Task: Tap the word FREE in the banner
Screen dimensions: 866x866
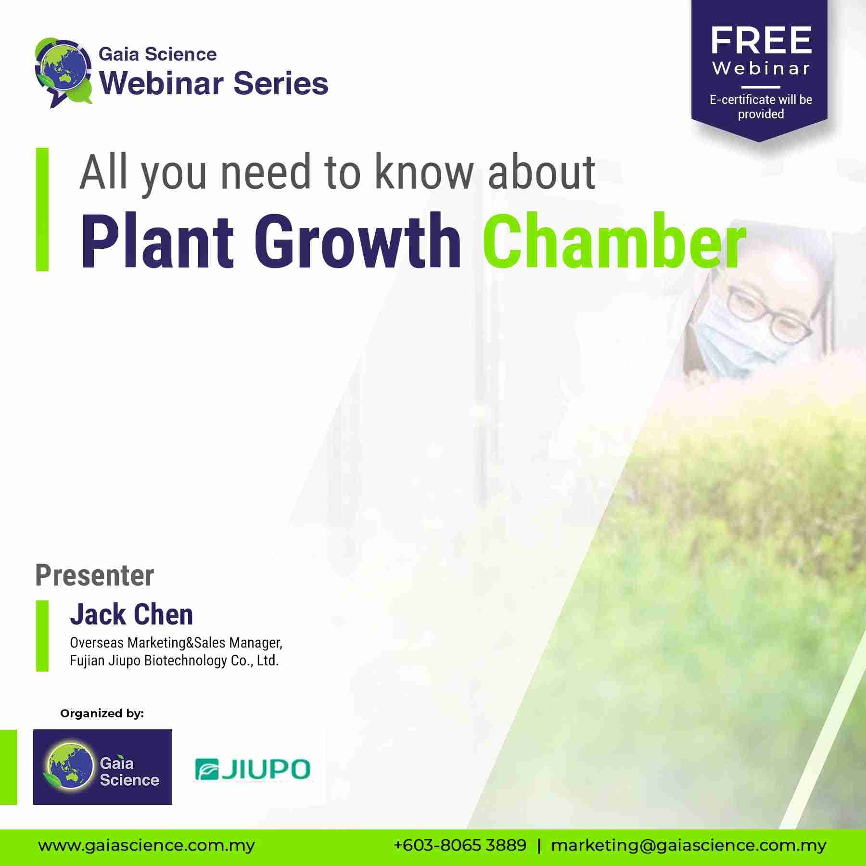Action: [x=761, y=41]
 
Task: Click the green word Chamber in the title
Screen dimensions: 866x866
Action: [x=614, y=241]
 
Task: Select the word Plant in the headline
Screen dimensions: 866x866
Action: [x=158, y=241]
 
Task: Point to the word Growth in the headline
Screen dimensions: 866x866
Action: [x=357, y=241]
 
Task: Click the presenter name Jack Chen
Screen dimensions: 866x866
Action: [x=131, y=614]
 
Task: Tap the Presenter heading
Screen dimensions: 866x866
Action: [x=95, y=576]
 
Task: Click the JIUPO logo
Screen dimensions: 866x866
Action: [x=253, y=769]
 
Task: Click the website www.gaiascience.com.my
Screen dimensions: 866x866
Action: [x=147, y=846]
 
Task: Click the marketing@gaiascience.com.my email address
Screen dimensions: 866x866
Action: [x=688, y=846]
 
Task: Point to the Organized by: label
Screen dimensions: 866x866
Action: [x=102, y=713]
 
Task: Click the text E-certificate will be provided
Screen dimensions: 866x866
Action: [x=761, y=107]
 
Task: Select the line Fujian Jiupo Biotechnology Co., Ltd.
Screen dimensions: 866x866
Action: [x=174, y=661]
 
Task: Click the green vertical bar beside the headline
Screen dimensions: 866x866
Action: [x=42, y=209]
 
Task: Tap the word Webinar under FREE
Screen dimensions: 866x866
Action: [x=761, y=68]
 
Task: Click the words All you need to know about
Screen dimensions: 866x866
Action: [x=338, y=172]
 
